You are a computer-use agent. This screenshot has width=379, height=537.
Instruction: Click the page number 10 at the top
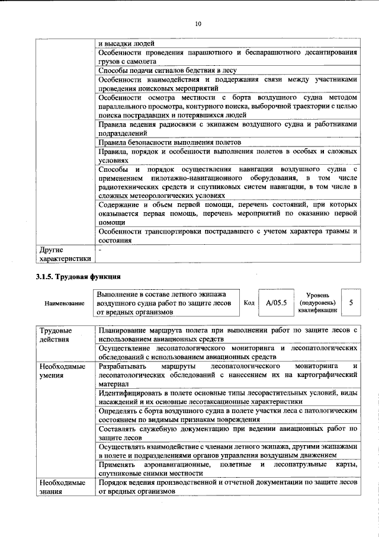pyautogui.click(x=198, y=24)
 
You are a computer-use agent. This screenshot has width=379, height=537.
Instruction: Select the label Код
pyautogui.click(x=249, y=303)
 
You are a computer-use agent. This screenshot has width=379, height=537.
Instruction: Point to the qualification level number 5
pyautogui.click(x=351, y=303)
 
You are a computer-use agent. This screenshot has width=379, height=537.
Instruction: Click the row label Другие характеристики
pyautogui.click(x=65, y=254)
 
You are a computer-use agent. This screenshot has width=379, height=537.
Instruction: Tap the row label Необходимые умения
pyautogui.click(x=59, y=371)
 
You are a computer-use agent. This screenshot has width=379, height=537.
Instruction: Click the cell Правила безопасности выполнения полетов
pyautogui.click(x=169, y=143)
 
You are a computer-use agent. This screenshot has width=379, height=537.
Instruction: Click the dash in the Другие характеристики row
pyautogui.click(x=100, y=251)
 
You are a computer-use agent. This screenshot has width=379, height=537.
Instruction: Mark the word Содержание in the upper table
pyautogui.click(x=120, y=204)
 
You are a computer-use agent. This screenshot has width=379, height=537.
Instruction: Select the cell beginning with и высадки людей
pyautogui.click(x=126, y=43)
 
